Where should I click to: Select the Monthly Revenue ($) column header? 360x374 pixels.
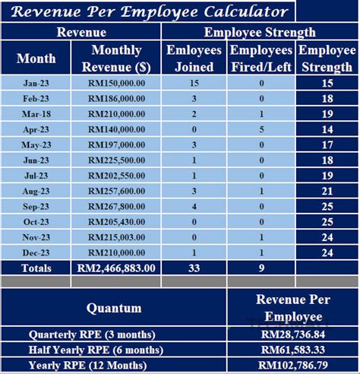pyautogui.click(x=116, y=59)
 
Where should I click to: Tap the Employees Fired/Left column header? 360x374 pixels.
pyautogui.click(x=261, y=59)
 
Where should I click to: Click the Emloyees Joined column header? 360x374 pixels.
pyautogui.click(x=194, y=59)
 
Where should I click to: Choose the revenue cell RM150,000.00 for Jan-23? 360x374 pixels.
pyautogui.click(x=116, y=84)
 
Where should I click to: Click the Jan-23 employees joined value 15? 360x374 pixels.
pyautogui.click(x=194, y=84)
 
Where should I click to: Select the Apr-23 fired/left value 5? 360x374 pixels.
pyautogui.click(x=261, y=129)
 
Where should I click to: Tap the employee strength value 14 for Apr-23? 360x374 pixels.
pyautogui.click(x=327, y=129)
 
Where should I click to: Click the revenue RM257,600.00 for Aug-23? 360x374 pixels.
pyautogui.click(x=116, y=191)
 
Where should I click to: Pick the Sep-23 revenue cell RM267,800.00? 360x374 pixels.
pyautogui.click(x=116, y=206)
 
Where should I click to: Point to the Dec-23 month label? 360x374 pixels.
pyautogui.click(x=36, y=252)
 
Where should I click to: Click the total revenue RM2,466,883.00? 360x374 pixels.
pyautogui.click(x=116, y=268)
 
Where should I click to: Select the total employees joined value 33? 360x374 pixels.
pyautogui.click(x=194, y=268)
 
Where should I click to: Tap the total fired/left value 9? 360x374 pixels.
pyautogui.click(x=261, y=268)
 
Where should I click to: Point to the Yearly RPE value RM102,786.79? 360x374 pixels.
pyautogui.click(x=292, y=365)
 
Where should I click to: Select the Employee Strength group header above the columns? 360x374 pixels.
pyautogui.click(x=261, y=33)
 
